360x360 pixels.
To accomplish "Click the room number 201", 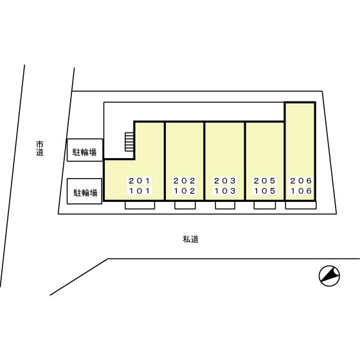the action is tap(139, 181).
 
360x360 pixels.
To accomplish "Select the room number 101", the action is tap(139, 191).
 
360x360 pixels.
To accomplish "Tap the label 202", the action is tap(184, 181).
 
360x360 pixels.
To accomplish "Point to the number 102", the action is tap(184, 191).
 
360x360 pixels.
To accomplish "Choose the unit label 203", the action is tap(225, 181).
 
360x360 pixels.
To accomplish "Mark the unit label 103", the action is tap(225, 191).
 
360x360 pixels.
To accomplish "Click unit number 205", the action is tap(265, 181).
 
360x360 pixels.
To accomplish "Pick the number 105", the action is tap(265, 191).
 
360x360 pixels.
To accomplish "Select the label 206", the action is tap(301, 181).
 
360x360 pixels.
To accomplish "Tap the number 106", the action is tap(301, 191).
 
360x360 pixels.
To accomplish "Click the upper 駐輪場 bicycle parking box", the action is tap(85, 150).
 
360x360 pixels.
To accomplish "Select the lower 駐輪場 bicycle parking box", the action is tap(84, 192).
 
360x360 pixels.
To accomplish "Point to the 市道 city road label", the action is tap(40, 148).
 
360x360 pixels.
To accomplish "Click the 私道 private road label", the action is tap(190, 239).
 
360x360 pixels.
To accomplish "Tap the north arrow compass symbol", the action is tap(329, 276).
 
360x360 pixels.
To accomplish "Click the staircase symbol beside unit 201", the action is tap(129, 142).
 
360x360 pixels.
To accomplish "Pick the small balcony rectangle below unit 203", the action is tap(225, 205).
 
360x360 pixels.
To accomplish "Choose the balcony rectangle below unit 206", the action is tap(301, 205).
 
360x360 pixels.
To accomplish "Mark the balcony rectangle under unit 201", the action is tap(140, 205).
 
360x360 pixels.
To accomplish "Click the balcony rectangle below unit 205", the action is tap(265, 205).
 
